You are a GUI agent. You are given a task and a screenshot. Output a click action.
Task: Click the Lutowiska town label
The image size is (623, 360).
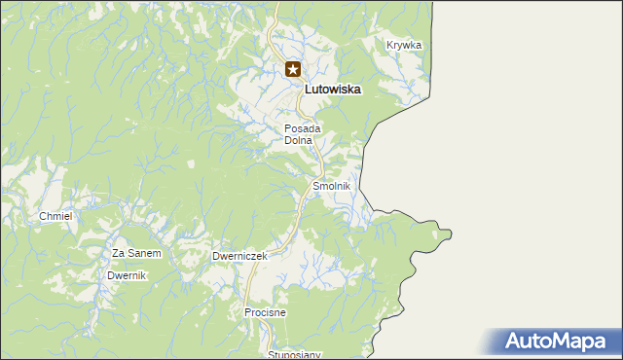coord(333,89)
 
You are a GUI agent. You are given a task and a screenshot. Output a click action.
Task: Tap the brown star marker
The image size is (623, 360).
coord(293,69)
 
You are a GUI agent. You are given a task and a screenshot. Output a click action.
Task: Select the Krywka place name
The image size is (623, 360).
coord(403,45)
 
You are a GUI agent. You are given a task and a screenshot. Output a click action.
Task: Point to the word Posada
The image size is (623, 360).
coord(303,128)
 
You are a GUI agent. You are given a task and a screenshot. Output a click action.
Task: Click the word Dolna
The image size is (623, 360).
coord(298,140)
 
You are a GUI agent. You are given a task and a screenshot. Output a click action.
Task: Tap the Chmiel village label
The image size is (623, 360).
coord(55,216)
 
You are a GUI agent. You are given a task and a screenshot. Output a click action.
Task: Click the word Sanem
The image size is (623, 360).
coord(145,253)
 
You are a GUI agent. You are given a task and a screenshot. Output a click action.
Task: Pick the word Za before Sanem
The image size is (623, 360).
coord(119,253)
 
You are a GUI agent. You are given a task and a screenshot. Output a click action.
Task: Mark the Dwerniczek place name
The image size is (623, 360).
coord(239,256)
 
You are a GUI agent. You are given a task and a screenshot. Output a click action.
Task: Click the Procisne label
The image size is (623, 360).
coord(265,312)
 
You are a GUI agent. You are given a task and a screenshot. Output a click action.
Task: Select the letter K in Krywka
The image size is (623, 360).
coord(389,45)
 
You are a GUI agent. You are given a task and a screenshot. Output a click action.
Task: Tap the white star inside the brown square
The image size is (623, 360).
coord(293,69)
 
